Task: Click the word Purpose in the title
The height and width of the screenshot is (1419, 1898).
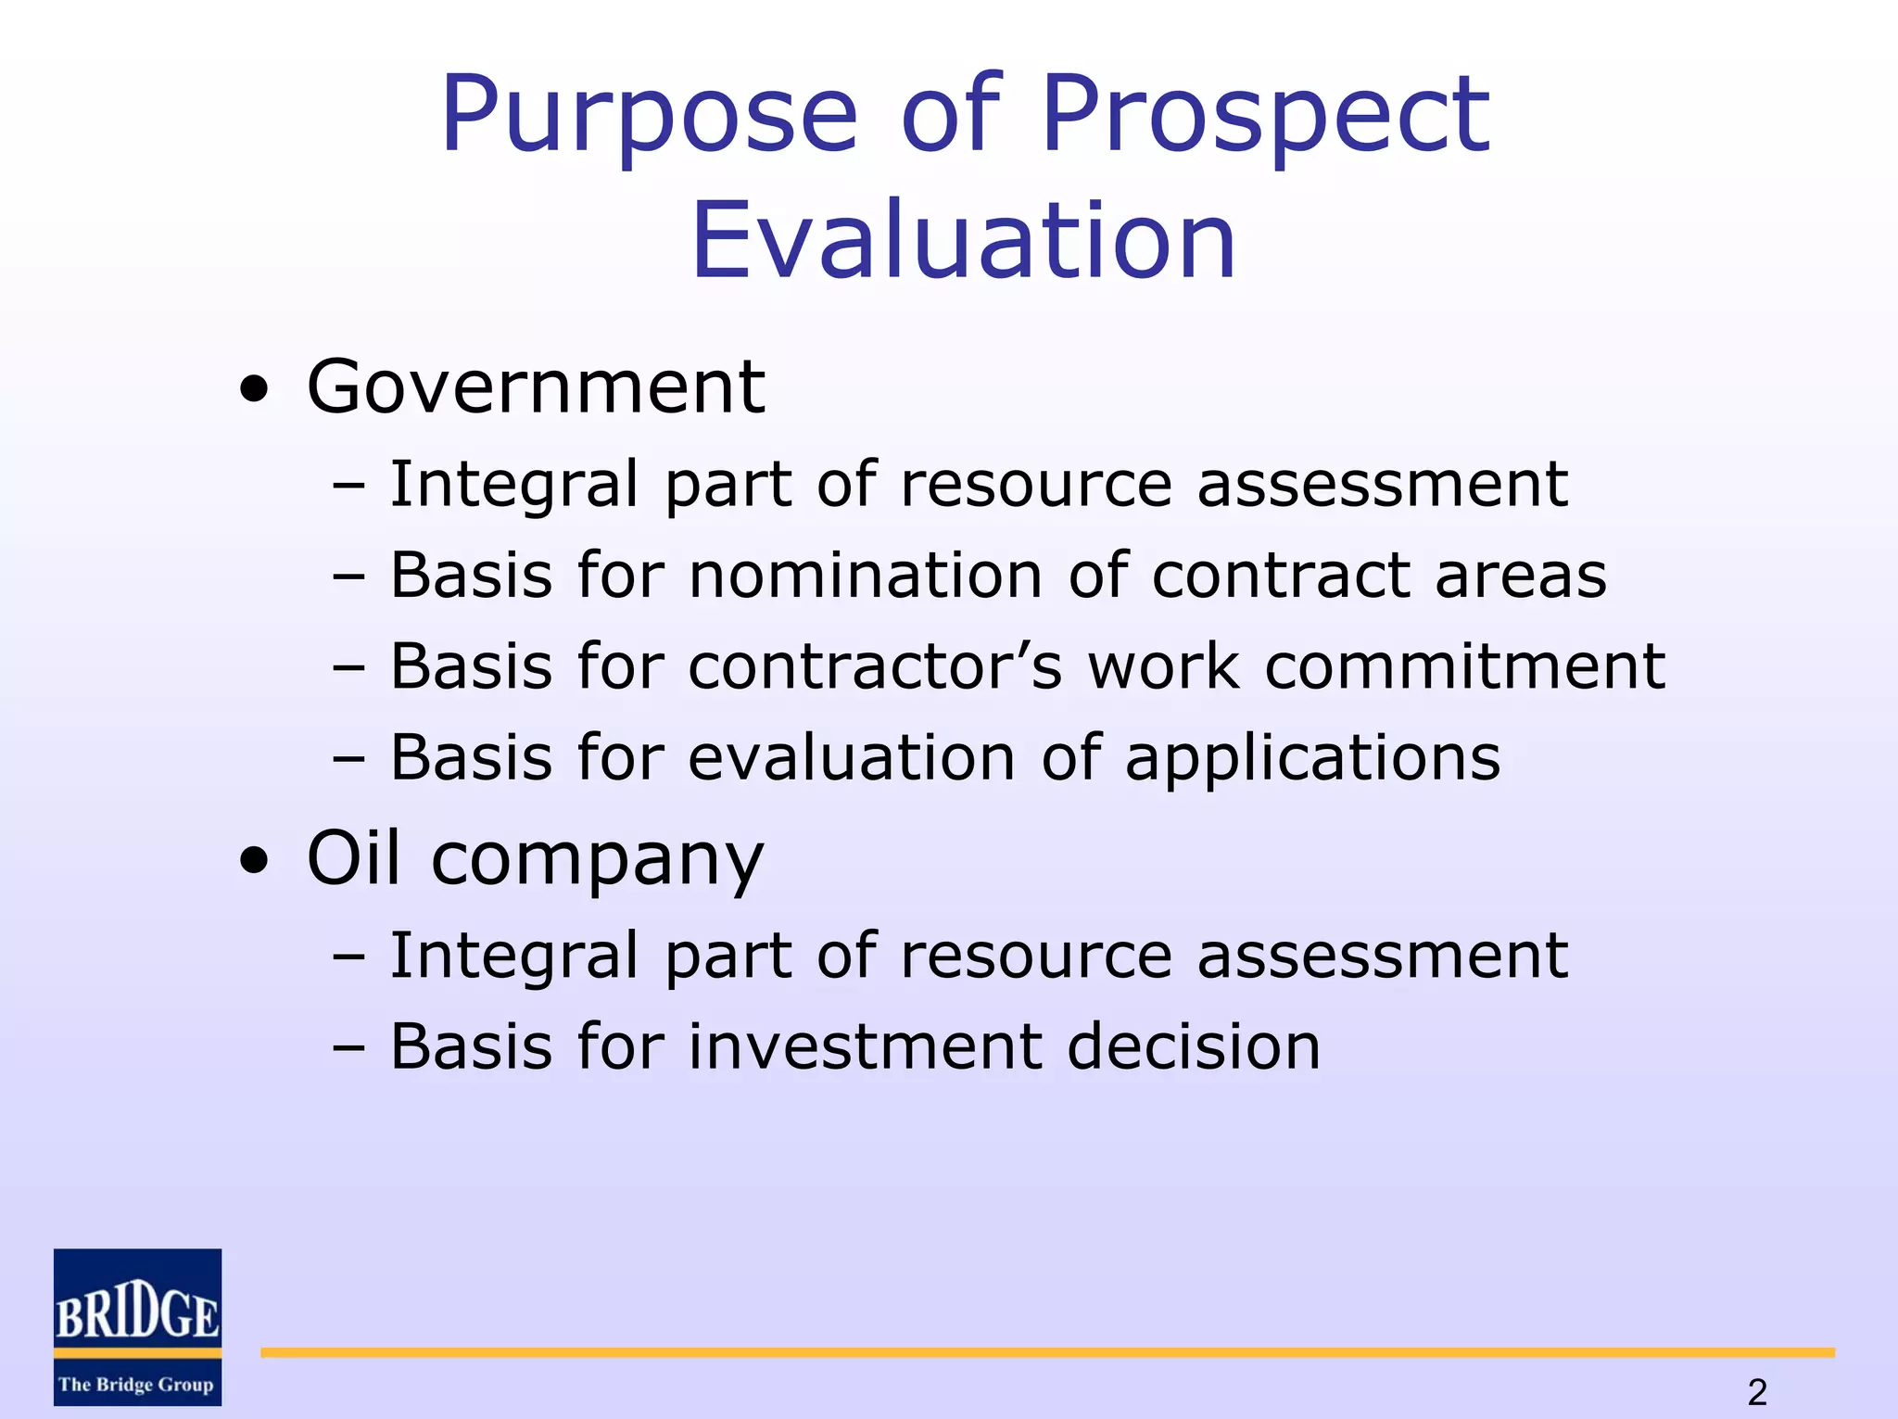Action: coord(649,116)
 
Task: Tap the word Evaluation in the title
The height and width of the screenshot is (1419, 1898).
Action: coord(964,241)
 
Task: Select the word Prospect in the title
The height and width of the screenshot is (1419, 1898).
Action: coord(1265,116)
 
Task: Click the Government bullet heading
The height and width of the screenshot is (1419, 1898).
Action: coord(536,387)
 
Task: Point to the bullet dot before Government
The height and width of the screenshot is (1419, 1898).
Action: coord(253,390)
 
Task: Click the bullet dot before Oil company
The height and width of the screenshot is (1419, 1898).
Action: coord(253,861)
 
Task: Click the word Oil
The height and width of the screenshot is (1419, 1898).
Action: coord(355,858)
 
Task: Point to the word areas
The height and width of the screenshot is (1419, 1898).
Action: coord(1521,576)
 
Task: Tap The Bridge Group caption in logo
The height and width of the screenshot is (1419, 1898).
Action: coord(136,1385)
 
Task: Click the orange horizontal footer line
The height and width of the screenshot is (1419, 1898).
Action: coord(1047,1353)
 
